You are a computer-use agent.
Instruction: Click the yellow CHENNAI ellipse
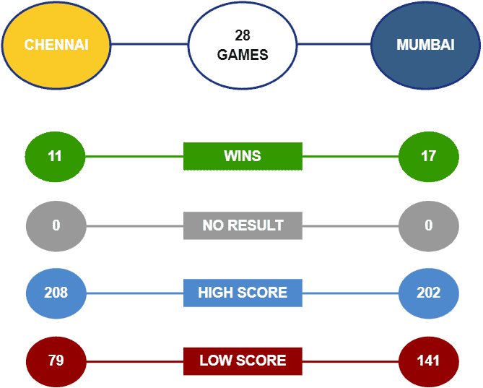click(x=56, y=45)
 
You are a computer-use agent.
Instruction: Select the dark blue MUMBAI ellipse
click(x=425, y=45)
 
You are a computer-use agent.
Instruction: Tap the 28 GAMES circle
click(x=243, y=45)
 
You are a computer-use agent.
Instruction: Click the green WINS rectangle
click(x=243, y=156)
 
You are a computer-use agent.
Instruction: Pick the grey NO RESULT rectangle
click(x=243, y=225)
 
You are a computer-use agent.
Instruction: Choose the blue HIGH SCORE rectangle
click(x=243, y=293)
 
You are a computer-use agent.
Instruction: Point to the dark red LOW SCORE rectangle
click(x=243, y=361)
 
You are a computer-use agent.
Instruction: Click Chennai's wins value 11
click(x=55, y=157)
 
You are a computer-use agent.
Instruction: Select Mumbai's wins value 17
click(x=429, y=157)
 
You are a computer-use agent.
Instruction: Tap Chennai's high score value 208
click(x=56, y=293)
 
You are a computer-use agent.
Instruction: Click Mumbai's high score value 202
click(x=429, y=293)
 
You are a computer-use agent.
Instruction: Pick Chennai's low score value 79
click(x=56, y=361)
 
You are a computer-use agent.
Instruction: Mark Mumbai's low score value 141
click(x=429, y=361)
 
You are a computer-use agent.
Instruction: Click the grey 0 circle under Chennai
click(x=56, y=226)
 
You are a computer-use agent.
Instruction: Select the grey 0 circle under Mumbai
click(x=429, y=226)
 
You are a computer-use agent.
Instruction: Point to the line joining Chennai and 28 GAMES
click(x=149, y=44)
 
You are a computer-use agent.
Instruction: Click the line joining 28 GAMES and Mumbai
click(x=334, y=44)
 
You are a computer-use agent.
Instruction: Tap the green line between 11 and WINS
click(x=134, y=157)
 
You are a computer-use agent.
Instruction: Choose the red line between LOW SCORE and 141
click(x=351, y=361)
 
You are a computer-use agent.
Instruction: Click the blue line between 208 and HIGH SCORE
click(x=135, y=293)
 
